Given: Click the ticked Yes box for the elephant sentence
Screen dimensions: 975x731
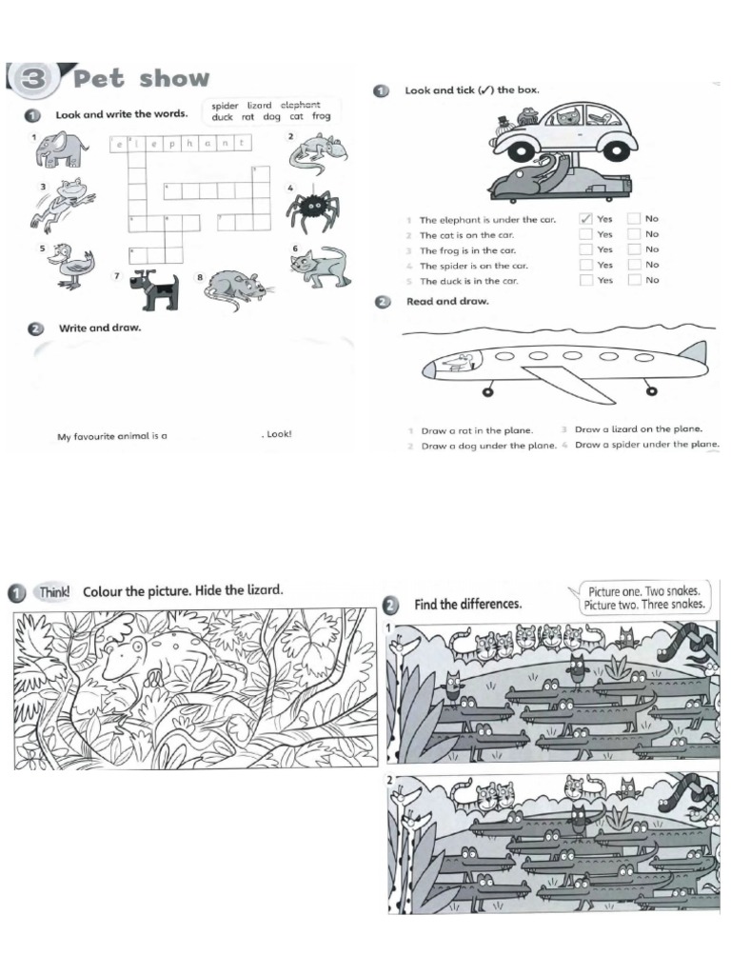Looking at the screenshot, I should [586, 219].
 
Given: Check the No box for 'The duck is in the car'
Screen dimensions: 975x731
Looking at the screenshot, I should [634, 280].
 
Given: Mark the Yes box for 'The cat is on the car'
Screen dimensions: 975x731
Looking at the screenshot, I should [586, 234].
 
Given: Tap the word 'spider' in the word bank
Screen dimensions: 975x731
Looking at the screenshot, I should [225, 105].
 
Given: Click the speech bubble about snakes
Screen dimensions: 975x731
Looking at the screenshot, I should [645, 598].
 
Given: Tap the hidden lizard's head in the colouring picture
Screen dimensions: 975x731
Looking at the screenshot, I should [124, 653].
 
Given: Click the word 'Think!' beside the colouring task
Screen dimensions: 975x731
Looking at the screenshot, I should [54, 591].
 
